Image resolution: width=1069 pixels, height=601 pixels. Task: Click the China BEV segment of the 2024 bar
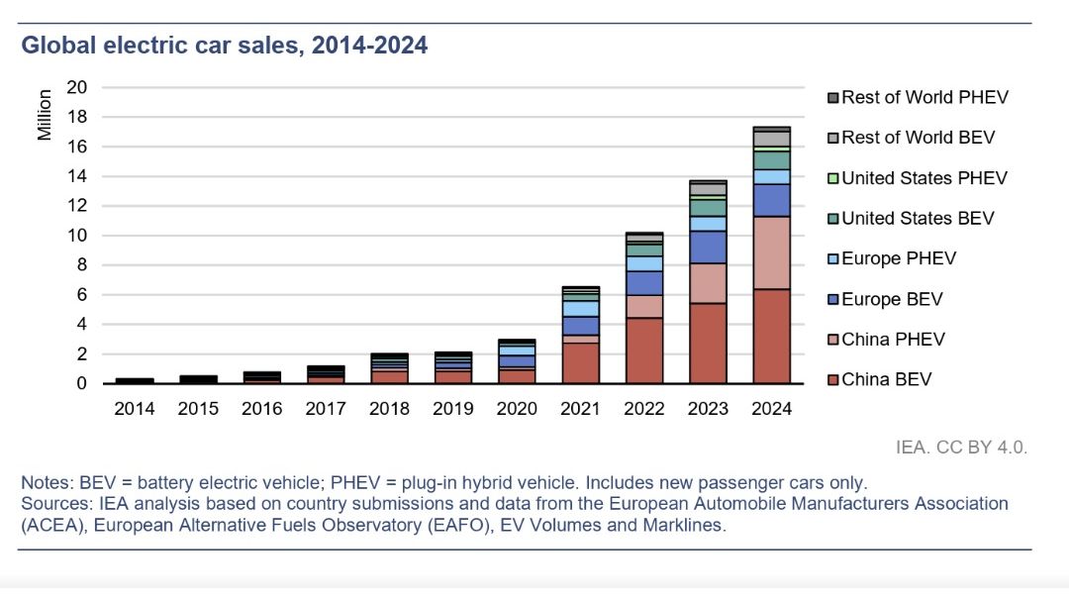tap(772, 337)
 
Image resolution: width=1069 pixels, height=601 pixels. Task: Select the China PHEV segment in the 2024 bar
tap(772, 253)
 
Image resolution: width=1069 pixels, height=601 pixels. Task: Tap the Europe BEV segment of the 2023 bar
tap(708, 248)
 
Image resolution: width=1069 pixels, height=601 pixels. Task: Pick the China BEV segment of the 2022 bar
tap(644, 351)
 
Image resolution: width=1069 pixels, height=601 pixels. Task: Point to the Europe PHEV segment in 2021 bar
tap(581, 308)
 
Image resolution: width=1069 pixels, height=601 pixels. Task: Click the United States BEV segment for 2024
tap(772, 160)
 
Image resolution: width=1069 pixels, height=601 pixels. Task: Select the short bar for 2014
tap(135, 380)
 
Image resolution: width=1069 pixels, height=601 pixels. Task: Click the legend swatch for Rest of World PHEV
tap(832, 98)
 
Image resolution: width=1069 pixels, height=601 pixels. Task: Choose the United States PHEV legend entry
tap(918, 178)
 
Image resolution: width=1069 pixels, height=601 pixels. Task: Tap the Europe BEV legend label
tap(892, 299)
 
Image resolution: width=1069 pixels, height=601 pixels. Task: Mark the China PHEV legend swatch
tap(832, 340)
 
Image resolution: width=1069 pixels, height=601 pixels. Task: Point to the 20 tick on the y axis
tap(77, 87)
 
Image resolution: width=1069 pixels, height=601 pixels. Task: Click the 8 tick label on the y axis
tap(82, 264)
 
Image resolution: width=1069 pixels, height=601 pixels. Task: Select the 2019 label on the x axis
tap(452, 409)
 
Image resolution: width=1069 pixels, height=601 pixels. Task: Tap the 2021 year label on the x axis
tap(580, 409)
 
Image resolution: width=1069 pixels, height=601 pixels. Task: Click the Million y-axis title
tap(45, 115)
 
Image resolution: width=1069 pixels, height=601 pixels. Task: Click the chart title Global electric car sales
tap(225, 45)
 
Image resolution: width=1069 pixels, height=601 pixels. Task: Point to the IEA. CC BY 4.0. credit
tap(961, 448)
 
